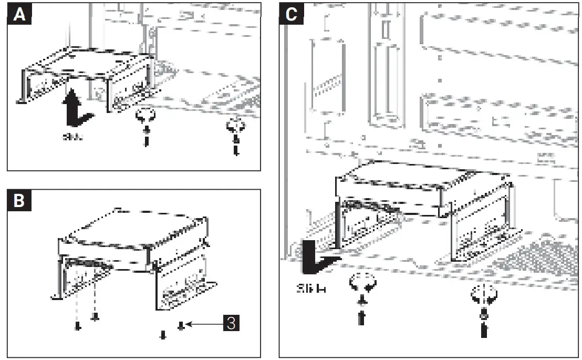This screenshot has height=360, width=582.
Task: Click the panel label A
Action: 18,15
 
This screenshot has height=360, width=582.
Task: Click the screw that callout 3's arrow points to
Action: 181,326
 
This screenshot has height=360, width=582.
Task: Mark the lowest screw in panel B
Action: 162,335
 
